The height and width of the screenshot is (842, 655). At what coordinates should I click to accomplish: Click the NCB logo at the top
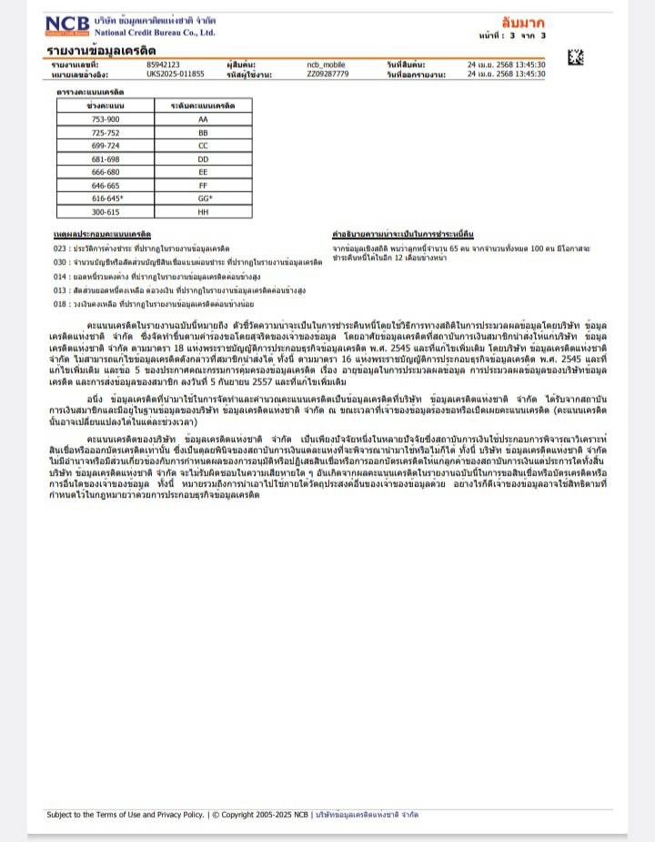(67, 25)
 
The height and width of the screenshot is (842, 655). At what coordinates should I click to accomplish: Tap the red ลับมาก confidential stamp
(523, 21)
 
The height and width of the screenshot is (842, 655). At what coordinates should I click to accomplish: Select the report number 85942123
(163, 65)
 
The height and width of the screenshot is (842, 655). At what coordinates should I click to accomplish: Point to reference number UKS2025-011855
(176, 73)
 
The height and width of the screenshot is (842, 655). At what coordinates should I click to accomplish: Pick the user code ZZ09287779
(327, 73)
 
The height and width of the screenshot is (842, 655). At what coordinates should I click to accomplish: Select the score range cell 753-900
(106, 119)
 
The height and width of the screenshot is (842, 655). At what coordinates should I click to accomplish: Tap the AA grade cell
(203, 119)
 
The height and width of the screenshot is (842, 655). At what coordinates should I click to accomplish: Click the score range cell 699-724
(106, 146)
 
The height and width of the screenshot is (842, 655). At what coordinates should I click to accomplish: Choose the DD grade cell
(203, 158)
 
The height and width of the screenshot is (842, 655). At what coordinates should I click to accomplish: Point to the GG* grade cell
(203, 198)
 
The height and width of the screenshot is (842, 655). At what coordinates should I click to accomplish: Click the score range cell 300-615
(106, 211)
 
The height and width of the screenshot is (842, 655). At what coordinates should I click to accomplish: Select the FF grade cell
(203, 185)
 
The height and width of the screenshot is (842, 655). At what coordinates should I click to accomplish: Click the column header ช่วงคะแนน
(106, 107)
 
